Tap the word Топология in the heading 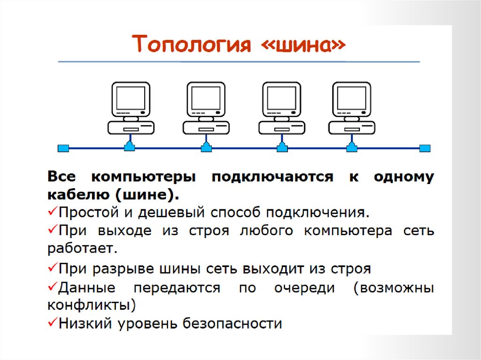tap(191, 46)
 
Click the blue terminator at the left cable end tap(63, 148)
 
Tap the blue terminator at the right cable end tap(425, 148)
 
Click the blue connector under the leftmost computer tap(130, 147)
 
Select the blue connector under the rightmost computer tap(351, 147)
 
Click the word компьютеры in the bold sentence tap(143, 177)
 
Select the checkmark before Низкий tap(52, 322)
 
